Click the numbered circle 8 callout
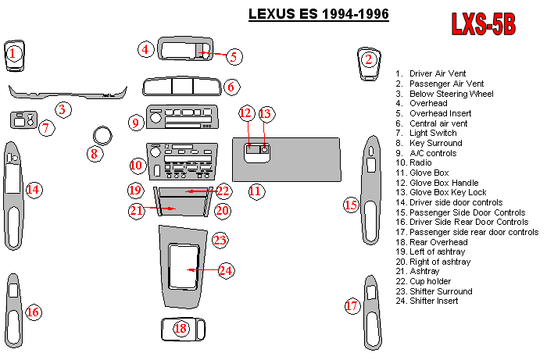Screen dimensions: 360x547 point(94,154)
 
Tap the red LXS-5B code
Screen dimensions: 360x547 point(484,24)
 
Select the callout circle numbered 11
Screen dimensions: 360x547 point(256,191)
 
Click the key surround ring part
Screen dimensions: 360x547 point(101,134)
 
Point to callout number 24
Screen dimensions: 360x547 point(226,270)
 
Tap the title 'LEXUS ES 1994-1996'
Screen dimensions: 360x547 point(318,14)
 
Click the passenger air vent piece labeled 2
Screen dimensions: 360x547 point(368,60)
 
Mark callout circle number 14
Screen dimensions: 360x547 point(33,189)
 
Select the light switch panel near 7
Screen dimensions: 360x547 point(23,121)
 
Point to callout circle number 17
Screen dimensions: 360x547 point(352,305)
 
